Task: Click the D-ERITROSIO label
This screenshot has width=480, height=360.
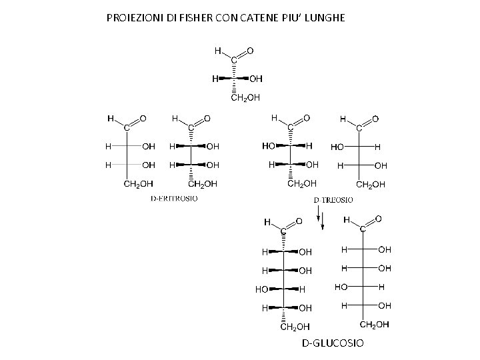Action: (173, 198)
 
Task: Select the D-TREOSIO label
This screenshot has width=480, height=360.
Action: (333, 199)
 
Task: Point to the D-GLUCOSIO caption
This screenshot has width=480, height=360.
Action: (333, 343)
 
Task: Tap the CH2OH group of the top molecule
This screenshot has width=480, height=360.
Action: (245, 98)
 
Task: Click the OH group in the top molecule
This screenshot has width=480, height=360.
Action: (256, 79)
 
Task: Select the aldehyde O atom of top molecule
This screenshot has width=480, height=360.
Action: (250, 50)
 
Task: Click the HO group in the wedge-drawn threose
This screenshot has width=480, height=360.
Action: (270, 145)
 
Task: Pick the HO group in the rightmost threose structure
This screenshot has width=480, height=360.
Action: (337, 146)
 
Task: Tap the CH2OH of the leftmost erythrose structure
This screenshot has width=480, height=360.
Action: (139, 183)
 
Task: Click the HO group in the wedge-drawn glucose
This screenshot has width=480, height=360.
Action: (262, 289)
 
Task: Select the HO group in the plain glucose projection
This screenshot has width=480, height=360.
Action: (341, 287)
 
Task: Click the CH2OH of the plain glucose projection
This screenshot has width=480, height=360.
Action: (375, 325)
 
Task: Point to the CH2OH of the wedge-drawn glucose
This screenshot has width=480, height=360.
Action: (293, 327)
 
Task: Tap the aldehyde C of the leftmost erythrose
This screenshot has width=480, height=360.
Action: (125, 129)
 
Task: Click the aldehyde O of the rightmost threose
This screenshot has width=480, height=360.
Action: (375, 119)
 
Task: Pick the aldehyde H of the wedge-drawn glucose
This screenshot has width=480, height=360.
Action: (267, 221)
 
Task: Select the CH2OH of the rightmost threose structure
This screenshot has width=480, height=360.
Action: (371, 184)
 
